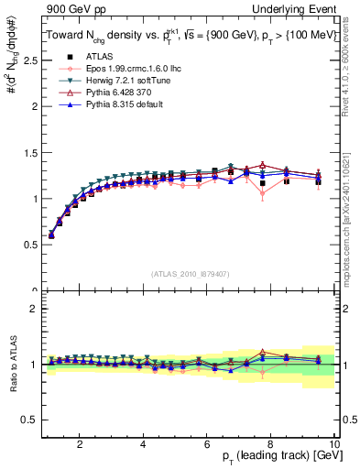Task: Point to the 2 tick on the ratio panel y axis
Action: point(33,309)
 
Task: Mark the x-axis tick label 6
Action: point(207,444)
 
